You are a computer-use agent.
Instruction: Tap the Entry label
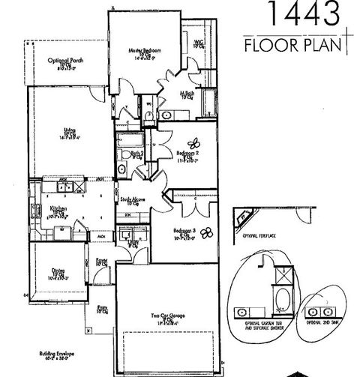point(101,308)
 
